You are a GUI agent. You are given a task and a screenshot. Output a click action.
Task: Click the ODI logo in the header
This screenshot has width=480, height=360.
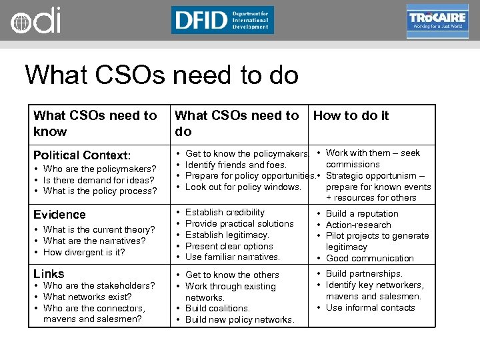[x=35, y=20]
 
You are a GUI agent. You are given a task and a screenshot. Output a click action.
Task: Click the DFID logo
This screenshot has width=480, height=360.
[x=222, y=20]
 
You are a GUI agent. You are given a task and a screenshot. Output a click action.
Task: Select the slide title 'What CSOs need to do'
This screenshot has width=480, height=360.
[x=161, y=75]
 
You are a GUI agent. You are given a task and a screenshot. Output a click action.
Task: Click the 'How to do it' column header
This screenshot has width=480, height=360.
[x=351, y=115]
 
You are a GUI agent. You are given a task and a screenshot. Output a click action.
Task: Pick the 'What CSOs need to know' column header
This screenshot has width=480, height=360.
[x=95, y=123]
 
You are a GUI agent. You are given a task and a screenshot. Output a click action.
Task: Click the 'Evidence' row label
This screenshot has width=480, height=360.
[x=59, y=214]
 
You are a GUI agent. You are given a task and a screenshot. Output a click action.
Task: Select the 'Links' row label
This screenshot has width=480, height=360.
[x=49, y=274]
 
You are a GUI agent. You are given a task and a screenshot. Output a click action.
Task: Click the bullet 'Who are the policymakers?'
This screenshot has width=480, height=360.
[x=99, y=169]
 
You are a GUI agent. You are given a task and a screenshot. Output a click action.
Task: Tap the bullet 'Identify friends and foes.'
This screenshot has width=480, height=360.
[x=235, y=165]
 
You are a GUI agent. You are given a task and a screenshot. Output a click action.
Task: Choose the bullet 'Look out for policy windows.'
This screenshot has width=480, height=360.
[x=243, y=187]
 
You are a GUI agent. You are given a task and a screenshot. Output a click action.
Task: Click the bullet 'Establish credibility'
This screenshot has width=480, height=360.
[x=225, y=212]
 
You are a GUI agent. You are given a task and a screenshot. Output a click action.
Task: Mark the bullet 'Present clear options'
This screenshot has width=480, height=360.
[x=229, y=246]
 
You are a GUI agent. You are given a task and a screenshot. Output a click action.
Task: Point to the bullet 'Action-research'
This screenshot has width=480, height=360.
[x=358, y=225]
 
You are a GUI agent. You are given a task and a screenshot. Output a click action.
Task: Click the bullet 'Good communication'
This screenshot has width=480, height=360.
[x=369, y=258]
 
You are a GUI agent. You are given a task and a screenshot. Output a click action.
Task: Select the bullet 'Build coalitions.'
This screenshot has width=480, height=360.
[x=217, y=308]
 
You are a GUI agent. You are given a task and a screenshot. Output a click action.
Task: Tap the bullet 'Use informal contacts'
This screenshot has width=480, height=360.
[x=370, y=307]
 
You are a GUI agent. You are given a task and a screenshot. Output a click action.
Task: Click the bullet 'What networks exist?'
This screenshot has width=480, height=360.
[x=87, y=297]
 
